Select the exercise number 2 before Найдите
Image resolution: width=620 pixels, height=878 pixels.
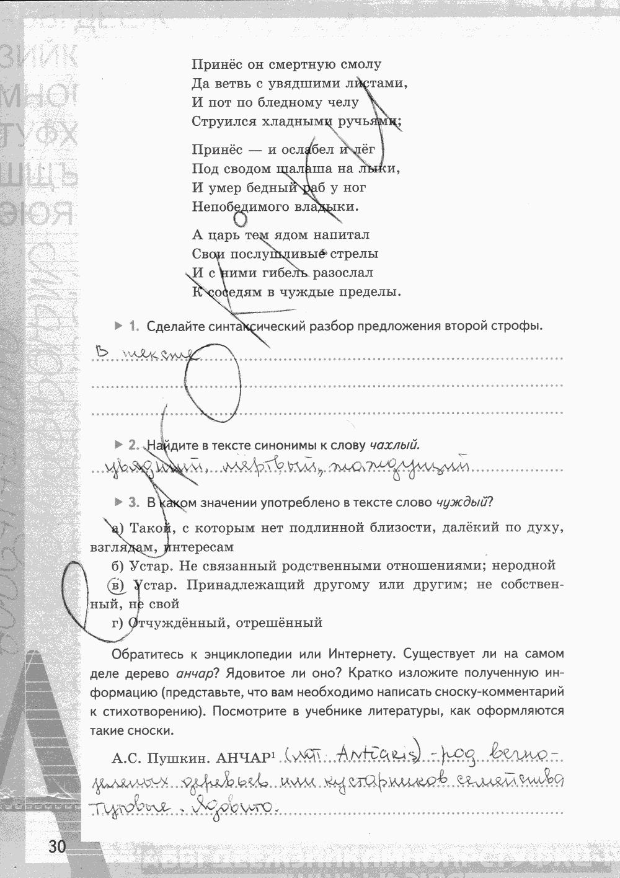(x=134, y=445)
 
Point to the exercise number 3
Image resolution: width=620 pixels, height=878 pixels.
(x=133, y=502)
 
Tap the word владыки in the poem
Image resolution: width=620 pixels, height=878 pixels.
(x=332, y=206)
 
